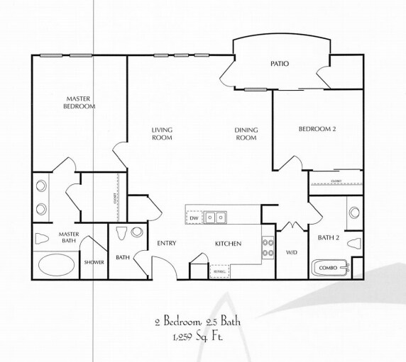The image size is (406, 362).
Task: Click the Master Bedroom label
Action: (x=81, y=102)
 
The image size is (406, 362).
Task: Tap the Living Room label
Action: (x=162, y=133)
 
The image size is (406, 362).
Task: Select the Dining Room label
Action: (x=246, y=133)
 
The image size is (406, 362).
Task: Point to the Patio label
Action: (x=280, y=64)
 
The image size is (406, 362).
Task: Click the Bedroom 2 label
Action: (x=317, y=128)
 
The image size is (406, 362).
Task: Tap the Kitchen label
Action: (x=229, y=244)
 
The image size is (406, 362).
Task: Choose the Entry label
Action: (x=166, y=244)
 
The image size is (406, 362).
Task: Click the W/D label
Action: (x=291, y=252)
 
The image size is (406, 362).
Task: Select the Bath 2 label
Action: (x=328, y=237)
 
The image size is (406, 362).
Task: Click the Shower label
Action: (x=94, y=262)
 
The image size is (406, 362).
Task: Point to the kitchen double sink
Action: (x=216, y=217)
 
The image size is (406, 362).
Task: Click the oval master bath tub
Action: (x=56, y=266)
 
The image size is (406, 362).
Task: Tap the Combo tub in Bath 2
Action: (x=329, y=268)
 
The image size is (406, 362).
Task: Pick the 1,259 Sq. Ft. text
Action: (x=197, y=336)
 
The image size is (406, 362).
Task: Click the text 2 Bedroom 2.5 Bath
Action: (x=197, y=321)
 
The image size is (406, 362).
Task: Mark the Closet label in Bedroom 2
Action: (x=336, y=181)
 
